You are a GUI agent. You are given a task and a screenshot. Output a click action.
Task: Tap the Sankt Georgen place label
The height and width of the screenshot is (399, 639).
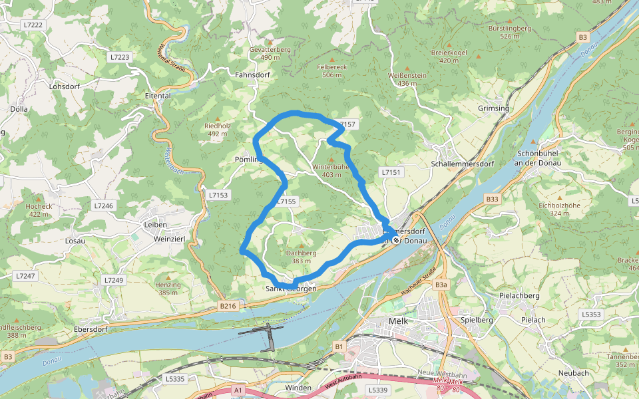[x=291, y=289]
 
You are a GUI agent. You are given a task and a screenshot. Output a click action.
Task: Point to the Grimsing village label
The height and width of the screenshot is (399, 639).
[x=493, y=108]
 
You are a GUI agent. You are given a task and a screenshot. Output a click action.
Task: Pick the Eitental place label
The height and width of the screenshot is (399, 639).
[x=158, y=96]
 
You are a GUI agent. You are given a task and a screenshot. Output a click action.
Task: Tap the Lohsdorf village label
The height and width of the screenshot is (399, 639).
[x=65, y=86]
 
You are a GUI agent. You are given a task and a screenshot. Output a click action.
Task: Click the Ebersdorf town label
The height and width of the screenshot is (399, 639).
[x=73, y=328]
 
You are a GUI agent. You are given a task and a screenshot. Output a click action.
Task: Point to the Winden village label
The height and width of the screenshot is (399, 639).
[x=298, y=388]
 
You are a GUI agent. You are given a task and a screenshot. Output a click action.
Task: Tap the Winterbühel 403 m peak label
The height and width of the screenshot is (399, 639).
[x=331, y=170]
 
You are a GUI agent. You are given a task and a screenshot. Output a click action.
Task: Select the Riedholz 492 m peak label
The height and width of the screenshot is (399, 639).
[x=218, y=129]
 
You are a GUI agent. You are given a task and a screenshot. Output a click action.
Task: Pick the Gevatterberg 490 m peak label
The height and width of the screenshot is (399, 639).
[x=270, y=54]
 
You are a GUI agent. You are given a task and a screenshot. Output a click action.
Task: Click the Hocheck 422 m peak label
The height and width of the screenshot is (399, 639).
[x=39, y=210]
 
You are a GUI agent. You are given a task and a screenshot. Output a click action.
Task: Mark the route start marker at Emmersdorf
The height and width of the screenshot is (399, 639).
[x=396, y=240]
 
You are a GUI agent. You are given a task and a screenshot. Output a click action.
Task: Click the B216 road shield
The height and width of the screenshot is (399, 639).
[x=228, y=306]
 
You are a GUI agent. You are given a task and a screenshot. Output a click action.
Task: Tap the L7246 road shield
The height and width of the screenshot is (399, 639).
[x=104, y=206]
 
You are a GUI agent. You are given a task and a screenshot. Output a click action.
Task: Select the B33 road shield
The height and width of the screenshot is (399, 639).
[x=492, y=199]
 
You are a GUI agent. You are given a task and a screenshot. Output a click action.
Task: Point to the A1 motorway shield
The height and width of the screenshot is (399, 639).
[x=238, y=390]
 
